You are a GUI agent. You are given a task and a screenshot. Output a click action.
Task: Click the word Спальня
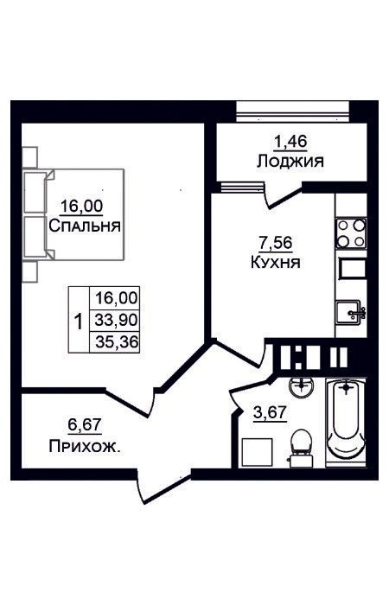pyautogui.click(x=85, y=226)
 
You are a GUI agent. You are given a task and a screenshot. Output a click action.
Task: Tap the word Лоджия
pyautogui.click(x=290, y=161)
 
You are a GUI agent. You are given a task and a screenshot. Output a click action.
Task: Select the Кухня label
pyautogui.click(x=276, y=263)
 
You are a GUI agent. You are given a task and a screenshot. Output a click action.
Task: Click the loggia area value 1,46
pyautogui.click(x=290, y=142)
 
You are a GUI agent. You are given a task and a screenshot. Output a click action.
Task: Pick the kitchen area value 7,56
pyautogui.click(x=276, y=243)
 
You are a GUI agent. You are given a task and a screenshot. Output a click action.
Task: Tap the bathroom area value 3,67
pyautogui.click(x=270, y=412)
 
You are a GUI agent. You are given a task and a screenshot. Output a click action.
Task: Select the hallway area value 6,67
pyautogui.click(x=85, y=425)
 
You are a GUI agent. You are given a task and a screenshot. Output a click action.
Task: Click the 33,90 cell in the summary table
pyautogui.click(x=116, y=320)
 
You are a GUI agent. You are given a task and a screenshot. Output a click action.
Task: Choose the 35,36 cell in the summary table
pyautogui.click(x=116, y=342)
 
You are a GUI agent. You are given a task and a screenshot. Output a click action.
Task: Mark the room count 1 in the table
pyautogui.click(x=79, y=321)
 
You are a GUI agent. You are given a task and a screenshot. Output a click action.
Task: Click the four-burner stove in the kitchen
pyautogui.click(x=351, y=233)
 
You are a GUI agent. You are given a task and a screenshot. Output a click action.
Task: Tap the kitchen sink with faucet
pyautogui.click(x=350, y=313)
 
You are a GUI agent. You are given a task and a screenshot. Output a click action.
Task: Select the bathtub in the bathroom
pyautogui.click(x=346, y=422)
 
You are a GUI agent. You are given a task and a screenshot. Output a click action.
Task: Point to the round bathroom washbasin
pyautogui.click(x=302, y=387)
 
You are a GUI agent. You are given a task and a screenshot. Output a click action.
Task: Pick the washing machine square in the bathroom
pyautogui.click(x=257, y=453)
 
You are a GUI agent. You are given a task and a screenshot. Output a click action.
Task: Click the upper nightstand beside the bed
pyautogui.click(x=29, y=158)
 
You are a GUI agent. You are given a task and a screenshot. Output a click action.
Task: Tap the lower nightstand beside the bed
pyautogui.click(x=29, y=272)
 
